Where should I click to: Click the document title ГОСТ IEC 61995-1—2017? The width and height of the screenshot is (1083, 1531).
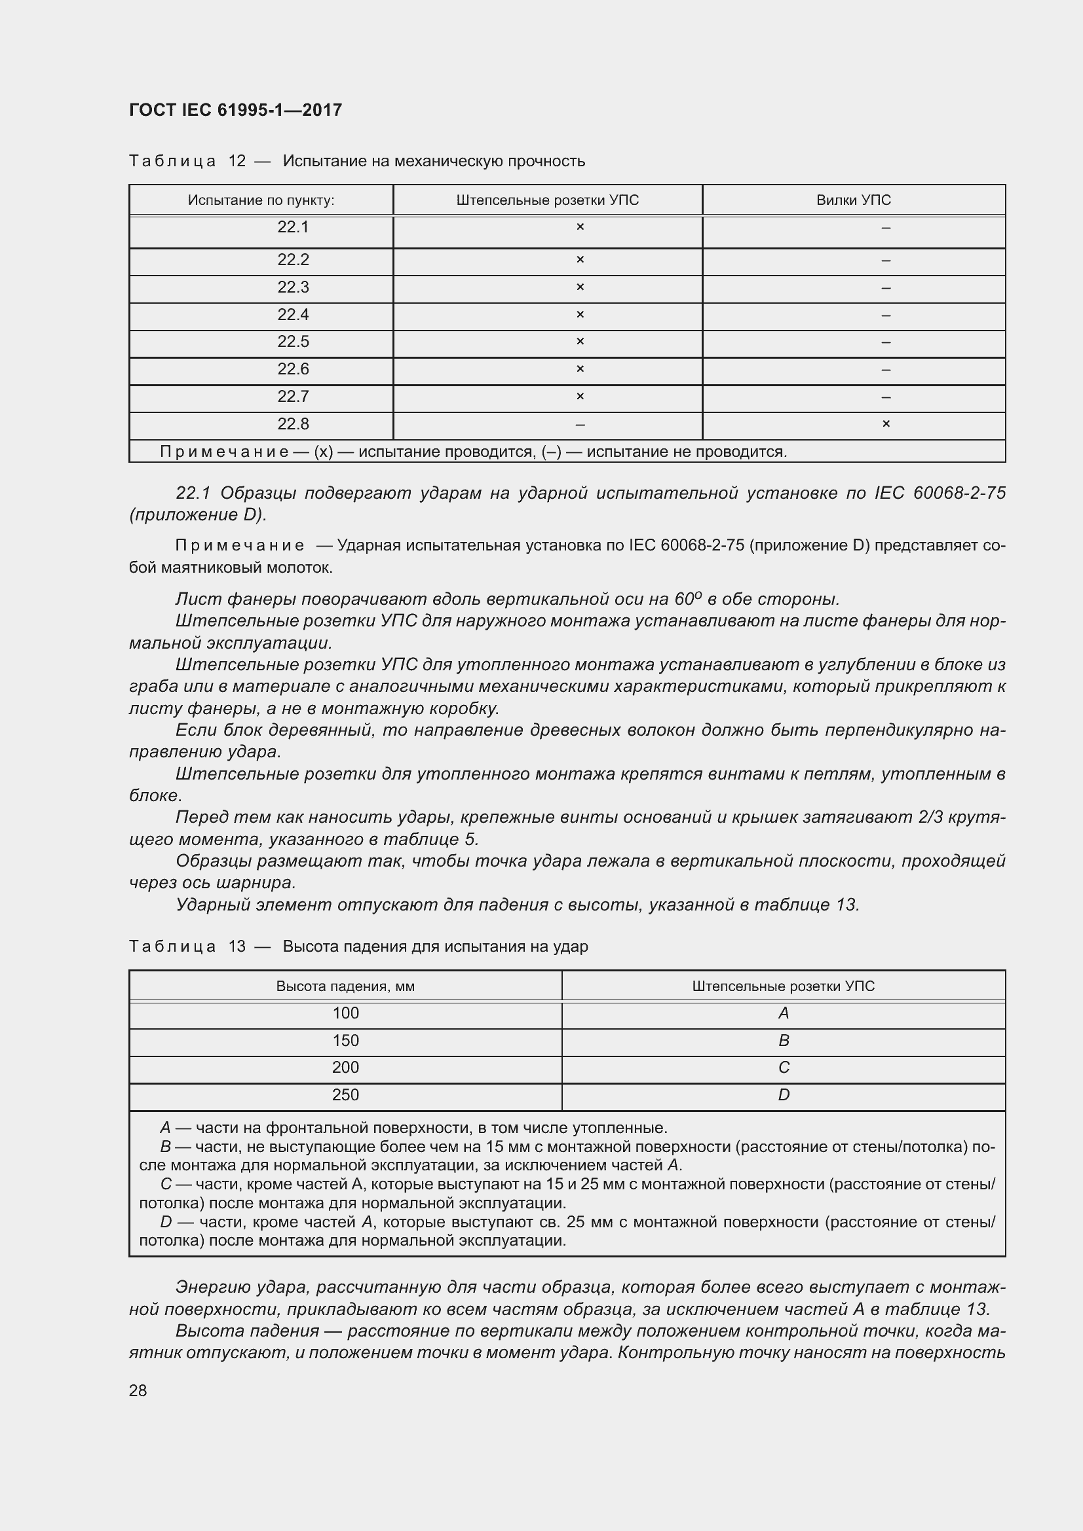tap(235, 110)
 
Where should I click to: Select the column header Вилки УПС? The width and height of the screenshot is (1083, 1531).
tap(853, 200)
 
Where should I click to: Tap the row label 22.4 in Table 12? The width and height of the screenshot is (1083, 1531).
tap(293, 315)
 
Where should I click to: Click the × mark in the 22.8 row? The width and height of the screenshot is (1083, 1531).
tap(886, 424)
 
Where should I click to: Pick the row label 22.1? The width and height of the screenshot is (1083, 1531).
tap(293, 227)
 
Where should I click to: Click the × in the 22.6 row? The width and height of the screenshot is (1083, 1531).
tap(580, 369)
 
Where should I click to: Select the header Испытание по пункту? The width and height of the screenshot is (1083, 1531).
tap(261, 200)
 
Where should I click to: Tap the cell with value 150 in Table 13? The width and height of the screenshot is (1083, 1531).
tap(345, 1040)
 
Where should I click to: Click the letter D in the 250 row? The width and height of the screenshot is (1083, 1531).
tap(784, 1095)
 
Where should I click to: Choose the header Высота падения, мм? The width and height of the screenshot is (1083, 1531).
tap(345, 986)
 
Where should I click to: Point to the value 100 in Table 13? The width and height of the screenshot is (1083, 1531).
tap(345, 1013)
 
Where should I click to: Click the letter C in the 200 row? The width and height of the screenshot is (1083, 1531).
tap(784, 1068)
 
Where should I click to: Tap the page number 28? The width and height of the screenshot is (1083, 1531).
tap(138, 1390)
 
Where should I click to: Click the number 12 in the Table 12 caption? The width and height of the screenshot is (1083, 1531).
tap(237, 161)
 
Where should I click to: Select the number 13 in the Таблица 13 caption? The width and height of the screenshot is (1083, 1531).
tap(237, 946)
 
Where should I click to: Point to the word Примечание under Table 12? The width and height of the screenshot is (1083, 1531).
tap(223, 452)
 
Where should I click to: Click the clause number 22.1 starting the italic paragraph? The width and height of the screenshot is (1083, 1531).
tap(193, 493)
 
